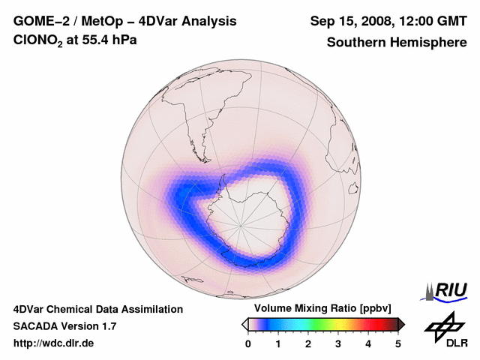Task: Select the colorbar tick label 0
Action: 248,343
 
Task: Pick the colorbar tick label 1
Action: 278,343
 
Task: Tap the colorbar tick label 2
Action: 308,343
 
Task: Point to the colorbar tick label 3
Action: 338,343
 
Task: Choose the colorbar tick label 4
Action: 368,343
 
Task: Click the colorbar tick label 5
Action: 398,343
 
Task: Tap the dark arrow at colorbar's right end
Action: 401,324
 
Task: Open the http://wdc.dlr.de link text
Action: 54,343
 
